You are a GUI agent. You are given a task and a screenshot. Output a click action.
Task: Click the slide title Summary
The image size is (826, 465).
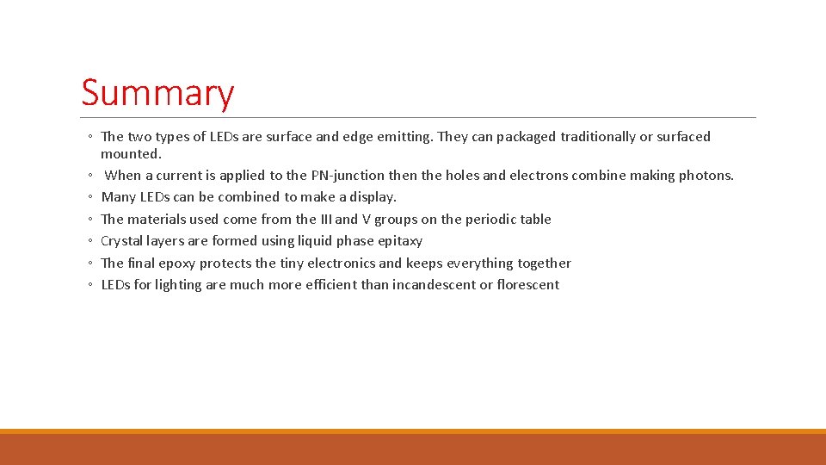pos(157,93)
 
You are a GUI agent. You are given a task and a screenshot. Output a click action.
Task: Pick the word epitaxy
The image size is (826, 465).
pos(400,241)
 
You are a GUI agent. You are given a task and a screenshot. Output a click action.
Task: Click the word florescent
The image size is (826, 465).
pos(527,285)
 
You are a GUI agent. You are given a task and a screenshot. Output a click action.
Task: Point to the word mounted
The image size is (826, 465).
pos(131,154)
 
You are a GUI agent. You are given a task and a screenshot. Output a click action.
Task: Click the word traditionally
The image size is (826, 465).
pos(598,137)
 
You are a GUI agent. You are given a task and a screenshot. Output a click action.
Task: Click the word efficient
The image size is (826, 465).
pos(330,285)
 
